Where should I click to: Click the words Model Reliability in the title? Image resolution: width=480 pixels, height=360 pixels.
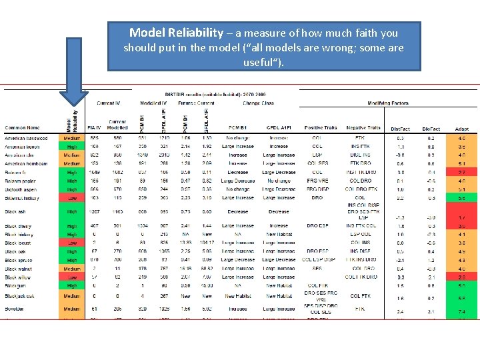pyautogui.click(x=177, y=33)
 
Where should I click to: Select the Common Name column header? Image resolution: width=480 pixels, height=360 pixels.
pyautogui.click(x=22, y=127)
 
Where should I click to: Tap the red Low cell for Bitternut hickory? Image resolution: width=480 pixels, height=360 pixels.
pyautogui.click(x=72, y=198)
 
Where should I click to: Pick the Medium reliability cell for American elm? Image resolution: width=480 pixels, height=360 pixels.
pyautogui.click(x=72, y=155)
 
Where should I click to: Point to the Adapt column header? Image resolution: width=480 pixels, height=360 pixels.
pyautogui.click(x=462, y=128)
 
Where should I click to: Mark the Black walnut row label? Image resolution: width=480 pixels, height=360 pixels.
pyautogui.click(x=20, y=269)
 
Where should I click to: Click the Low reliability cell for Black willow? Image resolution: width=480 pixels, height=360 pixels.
pyautogui.click(x=72, y=277)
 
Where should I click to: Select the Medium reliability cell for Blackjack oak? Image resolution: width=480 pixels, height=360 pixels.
pyautogui.click(x=72, y=296)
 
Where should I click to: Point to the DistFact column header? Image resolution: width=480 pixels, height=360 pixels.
pyautogui.click(x=400, y=128)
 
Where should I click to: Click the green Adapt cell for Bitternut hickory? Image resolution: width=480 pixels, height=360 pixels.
pyautogui.click(x=462, y=198)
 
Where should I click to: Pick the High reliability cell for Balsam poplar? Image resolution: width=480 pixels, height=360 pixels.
pyautogui.click(x=72, y=181)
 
